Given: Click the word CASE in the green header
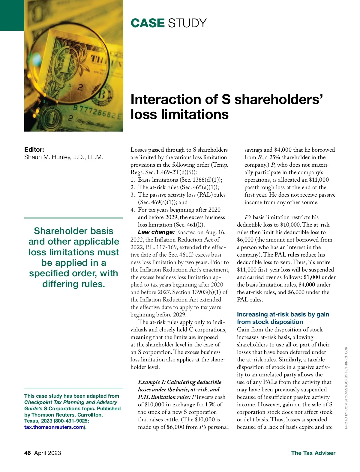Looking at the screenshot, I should (x=147, y=23).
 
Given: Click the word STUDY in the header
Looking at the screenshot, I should (x=187, y=23).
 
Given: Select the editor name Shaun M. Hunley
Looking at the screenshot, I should (x=63, y=157).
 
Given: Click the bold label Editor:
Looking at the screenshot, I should (x=34, y=150).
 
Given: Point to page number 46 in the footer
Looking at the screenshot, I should (x=28, y=453).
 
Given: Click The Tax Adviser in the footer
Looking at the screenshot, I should (x=313, y=453).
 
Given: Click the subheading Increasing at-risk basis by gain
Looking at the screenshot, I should (x=283, y=314).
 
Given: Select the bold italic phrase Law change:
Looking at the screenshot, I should (x=156, y=232).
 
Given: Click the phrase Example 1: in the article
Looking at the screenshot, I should (x=151, y=382).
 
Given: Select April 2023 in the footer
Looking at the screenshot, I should (x=47, y=453).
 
